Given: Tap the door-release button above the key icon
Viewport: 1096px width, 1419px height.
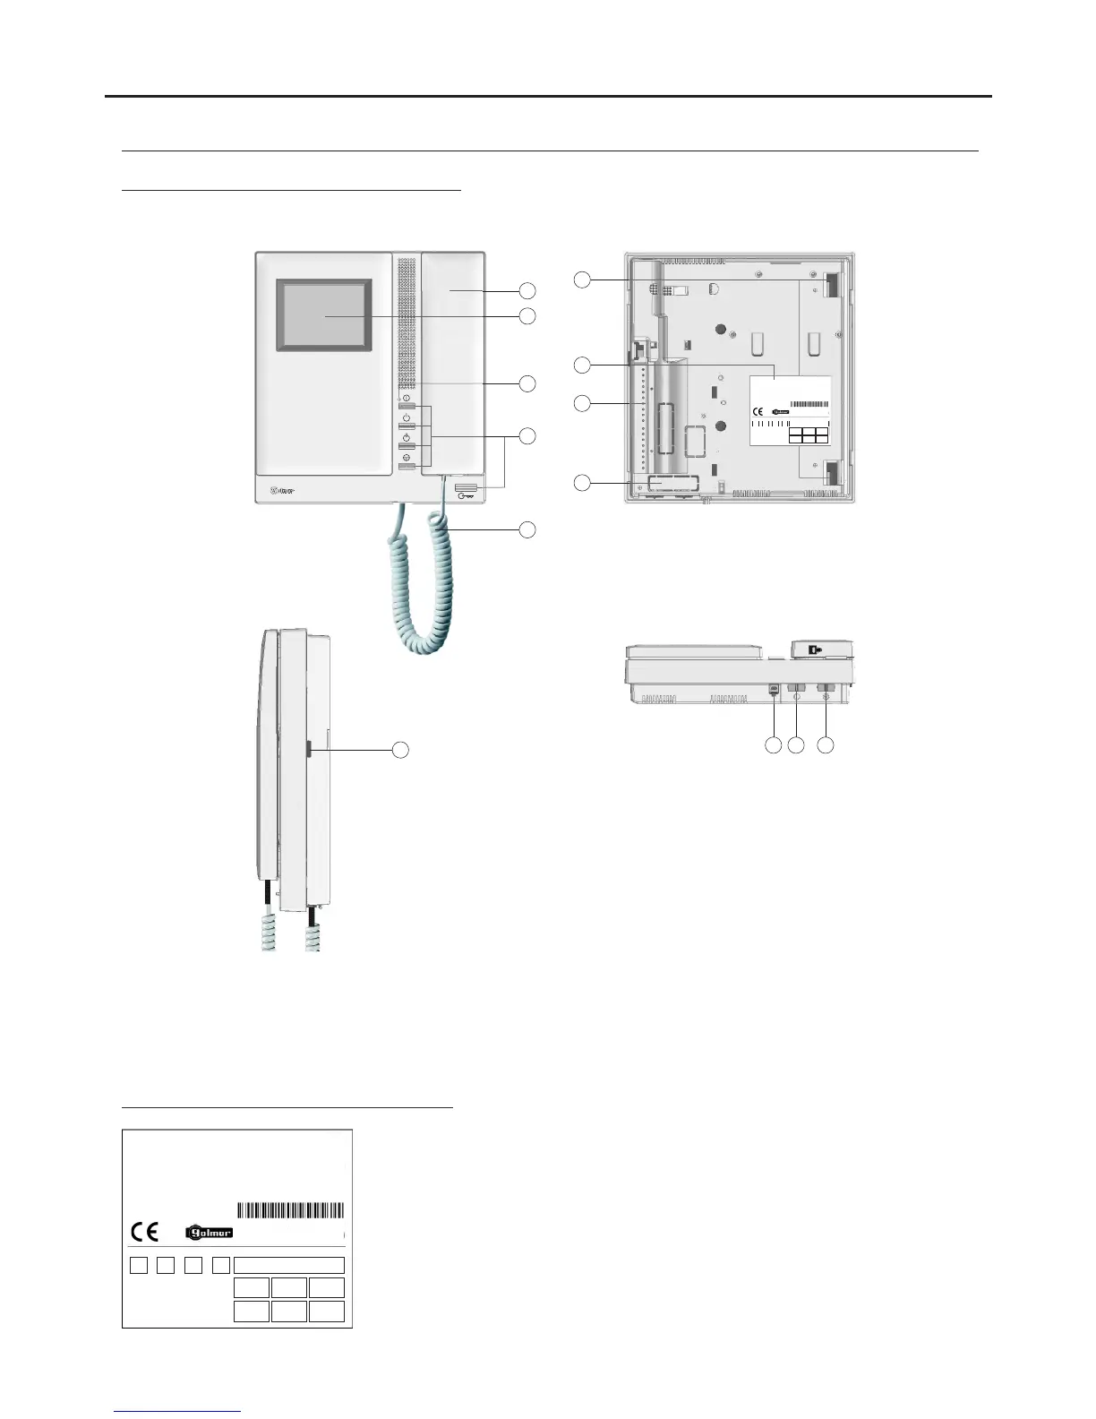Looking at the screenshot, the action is (x=466, y=488).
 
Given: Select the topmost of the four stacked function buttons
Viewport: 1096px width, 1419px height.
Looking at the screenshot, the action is (x=408, y=407).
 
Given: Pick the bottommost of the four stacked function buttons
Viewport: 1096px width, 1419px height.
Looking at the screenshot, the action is (x=408, y=468).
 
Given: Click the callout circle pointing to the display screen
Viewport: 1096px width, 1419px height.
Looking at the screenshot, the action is (x=527, y=316).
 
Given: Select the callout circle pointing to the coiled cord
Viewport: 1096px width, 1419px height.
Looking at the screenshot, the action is (x=527, y=529).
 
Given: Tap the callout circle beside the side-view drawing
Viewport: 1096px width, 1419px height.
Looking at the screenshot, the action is (x=402, y=750).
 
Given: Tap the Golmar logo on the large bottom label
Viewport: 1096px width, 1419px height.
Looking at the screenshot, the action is (x=210, y=1233).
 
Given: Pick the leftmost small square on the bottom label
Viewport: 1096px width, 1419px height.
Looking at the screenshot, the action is (x=138, y=1265).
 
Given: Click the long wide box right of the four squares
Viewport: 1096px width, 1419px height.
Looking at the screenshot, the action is (x=288, y=1265).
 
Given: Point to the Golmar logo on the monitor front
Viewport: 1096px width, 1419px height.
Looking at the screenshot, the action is (x=283, y=490).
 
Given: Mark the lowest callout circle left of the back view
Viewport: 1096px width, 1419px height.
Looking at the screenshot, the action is (x=582, y=484).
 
